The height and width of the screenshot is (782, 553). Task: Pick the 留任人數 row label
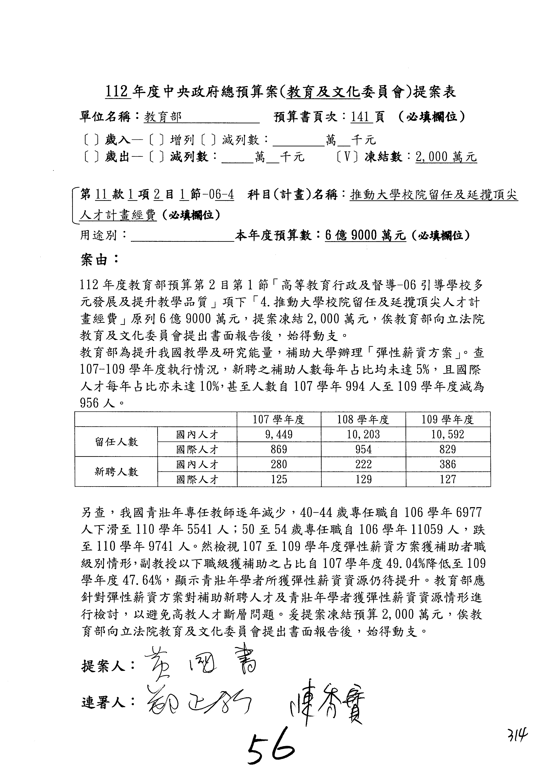[116, 442]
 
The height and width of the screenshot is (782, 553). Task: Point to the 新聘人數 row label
[116, 472]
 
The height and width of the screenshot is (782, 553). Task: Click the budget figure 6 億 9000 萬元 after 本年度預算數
[365, 235]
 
